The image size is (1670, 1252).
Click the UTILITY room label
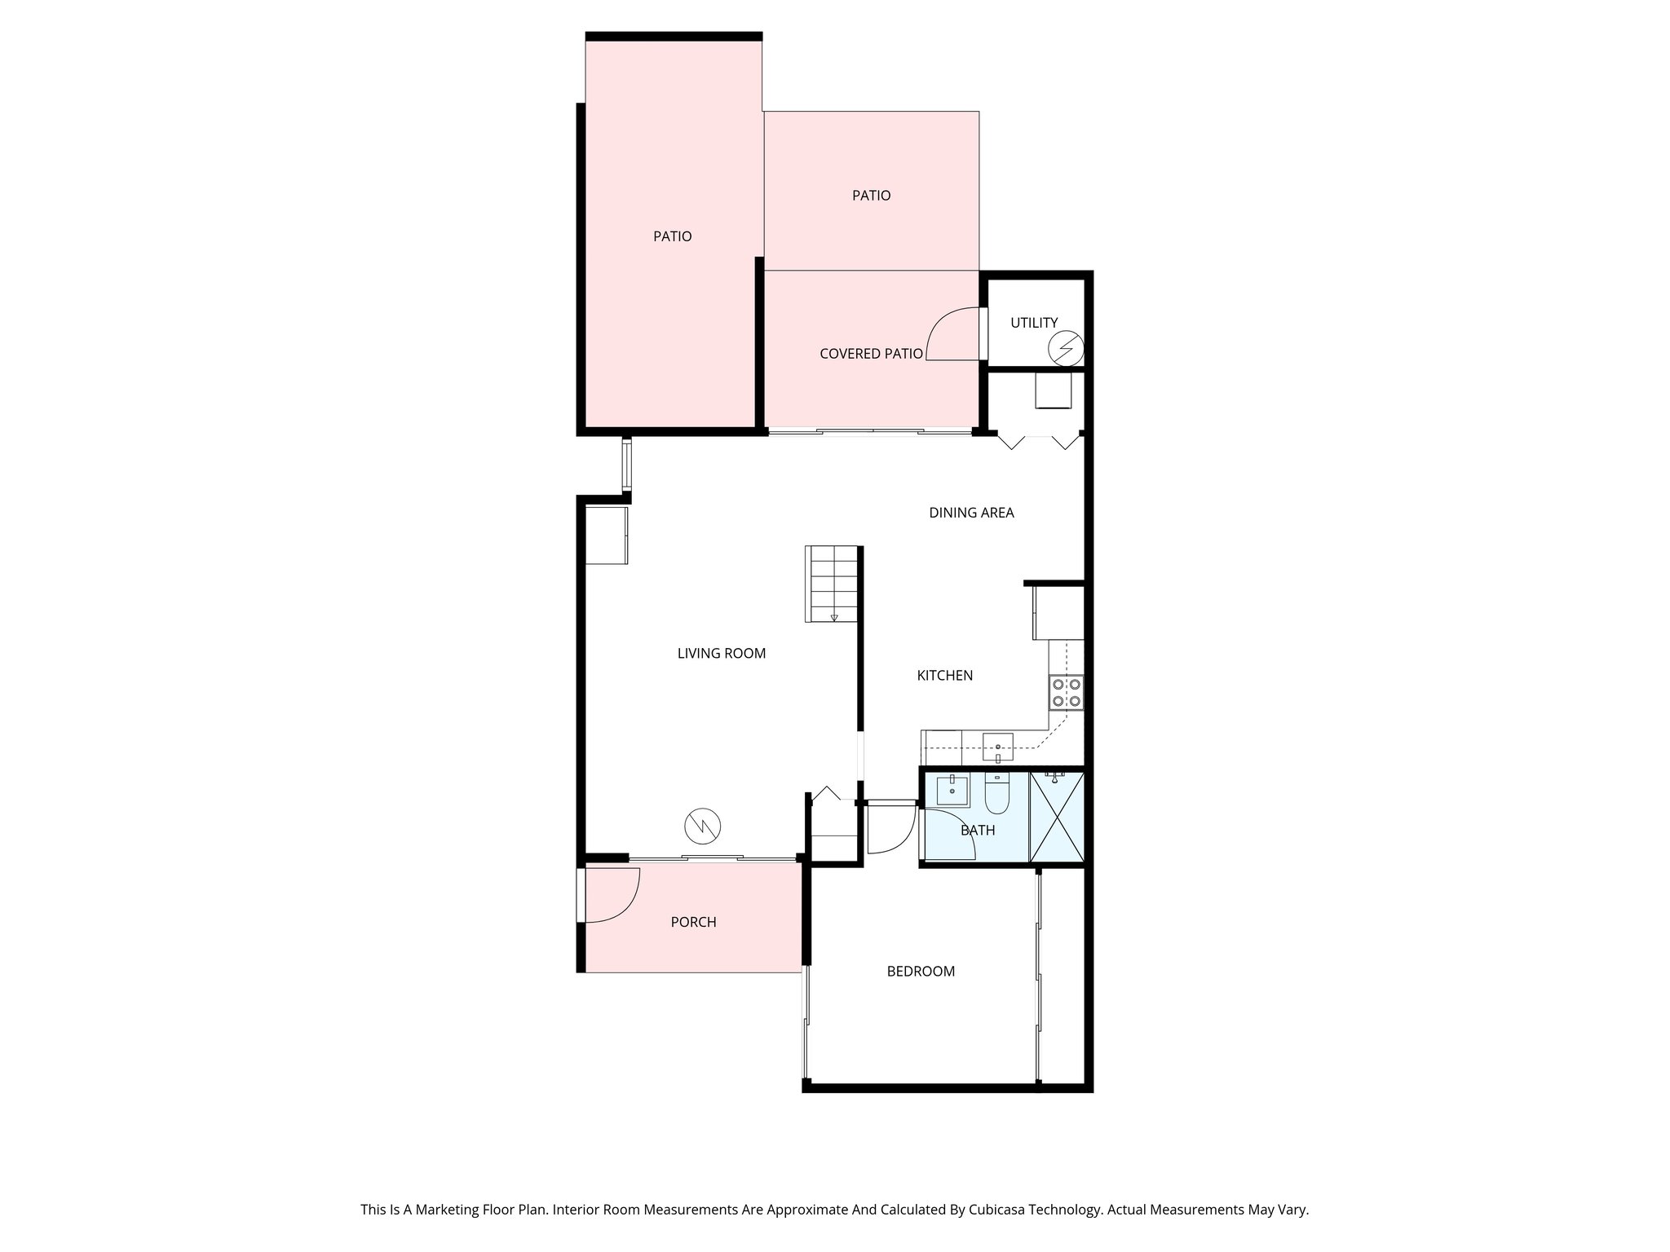pyautogui.click(x=1033, y=323)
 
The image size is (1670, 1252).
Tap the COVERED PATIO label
pyautogui.click(x=871, y=354)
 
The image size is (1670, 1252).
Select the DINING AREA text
pyautogui.click(x=971, y=513)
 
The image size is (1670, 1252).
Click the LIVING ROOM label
pyautogui.click(x=721, y=653)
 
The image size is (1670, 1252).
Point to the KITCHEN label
pyautogui.click(x=944, y=675)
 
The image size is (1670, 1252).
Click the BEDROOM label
pyautogui.click(x=921, y=971)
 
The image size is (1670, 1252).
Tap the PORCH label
pyautogui.click(x=693, y=922)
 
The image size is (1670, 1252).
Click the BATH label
pyautogui.click(x=977, y=831)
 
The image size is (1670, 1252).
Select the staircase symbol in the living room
pyautogui.click(x=833, y=584)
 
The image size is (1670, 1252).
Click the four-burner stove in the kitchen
pyautogui.click(x=1067, y=693)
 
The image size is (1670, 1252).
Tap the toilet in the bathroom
pyautogui.click(x=996, y=795)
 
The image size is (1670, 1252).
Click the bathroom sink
pyautogui.click(x=952, y=790)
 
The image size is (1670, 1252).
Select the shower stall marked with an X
pyautogui.click(x=1057, y=816)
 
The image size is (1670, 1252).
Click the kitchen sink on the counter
pyautogui.click(x=997, y=745)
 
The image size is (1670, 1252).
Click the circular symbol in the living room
pyautogui.click(x=703, y=827)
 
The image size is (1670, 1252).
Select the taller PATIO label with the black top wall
pyautogui.click(x=672, y=236)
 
